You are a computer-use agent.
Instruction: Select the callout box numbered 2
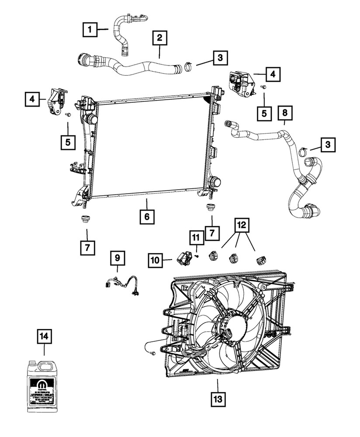(x=159, y=38)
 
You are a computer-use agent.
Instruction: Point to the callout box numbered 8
(x=284, y=113)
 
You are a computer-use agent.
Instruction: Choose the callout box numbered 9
(x=117, y=259)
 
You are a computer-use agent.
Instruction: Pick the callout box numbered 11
(x=196, y=238)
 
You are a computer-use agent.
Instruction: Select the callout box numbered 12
(x=240, y=225)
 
